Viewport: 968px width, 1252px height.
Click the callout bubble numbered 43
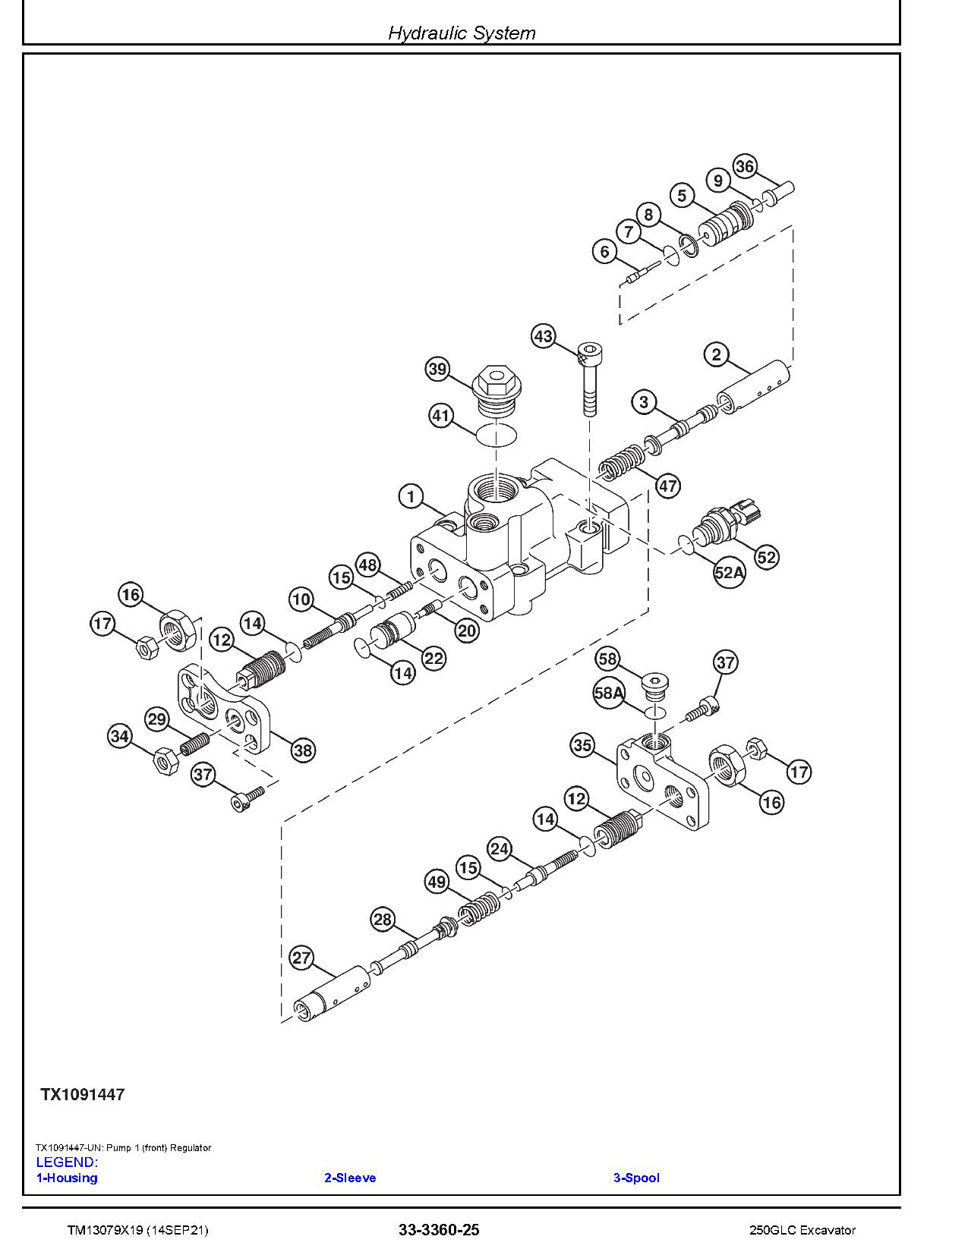(x=543, y=336)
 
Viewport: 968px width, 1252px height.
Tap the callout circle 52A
(x=729, y=573)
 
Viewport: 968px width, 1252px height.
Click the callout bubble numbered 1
(x=411, y=497)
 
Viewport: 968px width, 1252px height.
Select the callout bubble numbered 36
(x=745, y=167)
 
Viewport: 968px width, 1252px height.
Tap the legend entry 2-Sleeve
(x=350, y=1178)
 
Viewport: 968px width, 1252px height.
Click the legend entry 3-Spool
(x=636, y=1178)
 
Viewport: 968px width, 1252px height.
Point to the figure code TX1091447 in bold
(x=83, y=1094)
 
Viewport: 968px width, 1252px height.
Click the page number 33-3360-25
(x=439, y=1230)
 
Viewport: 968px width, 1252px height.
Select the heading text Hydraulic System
(x=462, y=33)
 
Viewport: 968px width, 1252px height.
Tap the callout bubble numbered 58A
(x=609, y=693)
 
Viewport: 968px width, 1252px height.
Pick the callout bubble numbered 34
(x=120, y=736)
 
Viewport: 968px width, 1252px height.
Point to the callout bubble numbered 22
(x=434, y=658)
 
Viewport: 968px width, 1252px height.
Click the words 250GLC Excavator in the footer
(x=802, y=1230)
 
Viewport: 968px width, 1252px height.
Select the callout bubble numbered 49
(x=437, y=882)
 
